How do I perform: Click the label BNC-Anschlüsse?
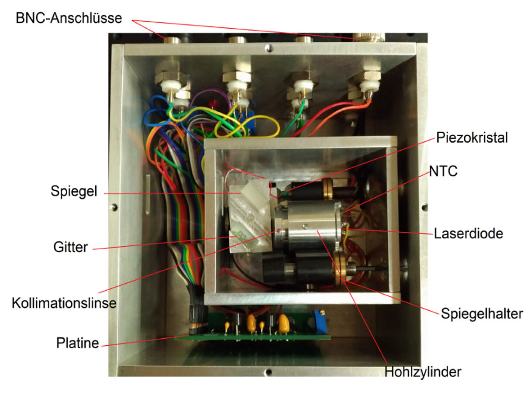point(69,18)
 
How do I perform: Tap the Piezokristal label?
point(472,137)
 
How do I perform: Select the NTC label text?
point(443,171)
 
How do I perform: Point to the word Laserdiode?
point(469,234)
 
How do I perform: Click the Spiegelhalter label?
point(482,313)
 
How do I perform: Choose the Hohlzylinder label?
point(423,372)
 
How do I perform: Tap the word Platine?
point(78,343)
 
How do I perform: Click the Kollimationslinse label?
point(64,303)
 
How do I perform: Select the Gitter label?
point(70,247)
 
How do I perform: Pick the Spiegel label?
point(74,191)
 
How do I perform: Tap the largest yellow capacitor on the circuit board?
point(283,323)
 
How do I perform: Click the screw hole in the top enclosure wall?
point(269,48)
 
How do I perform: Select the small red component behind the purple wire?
point(213,103)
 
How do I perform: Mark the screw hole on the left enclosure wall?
point(114,207)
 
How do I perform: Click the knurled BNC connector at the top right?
point(369,37)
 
